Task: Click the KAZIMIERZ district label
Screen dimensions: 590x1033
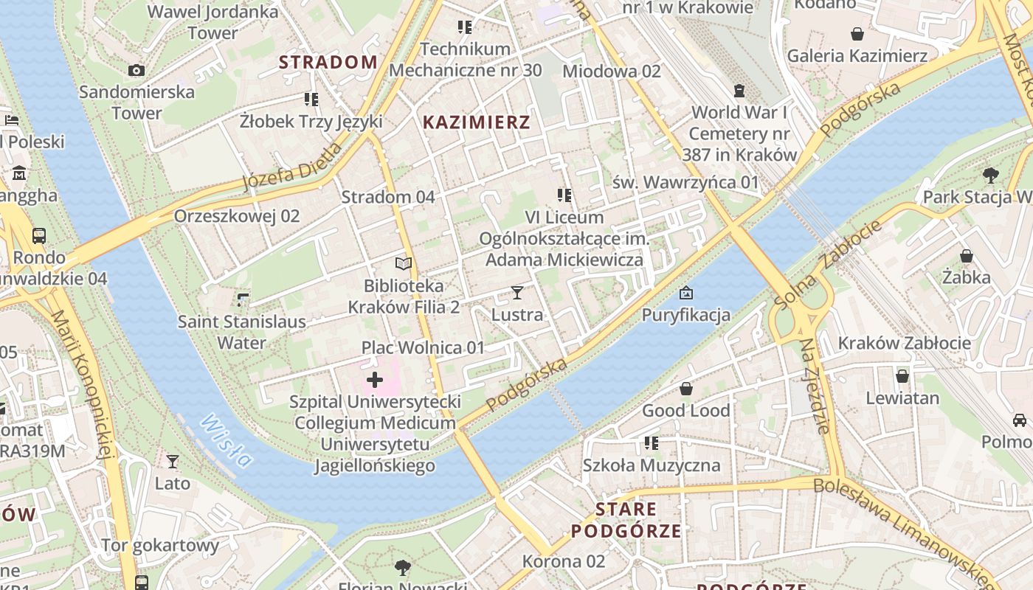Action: point(477,122)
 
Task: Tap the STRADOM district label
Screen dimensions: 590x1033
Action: point(328,62)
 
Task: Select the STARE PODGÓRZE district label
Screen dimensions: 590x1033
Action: point(626,520)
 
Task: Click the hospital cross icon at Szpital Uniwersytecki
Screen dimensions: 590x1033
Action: point(375,380)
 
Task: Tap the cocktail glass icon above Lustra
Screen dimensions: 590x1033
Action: point(517,293)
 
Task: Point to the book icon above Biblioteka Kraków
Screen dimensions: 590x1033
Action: point(404,263)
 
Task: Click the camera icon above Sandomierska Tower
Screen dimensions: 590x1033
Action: point(137,70)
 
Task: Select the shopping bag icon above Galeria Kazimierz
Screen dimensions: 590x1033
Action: point(857,34)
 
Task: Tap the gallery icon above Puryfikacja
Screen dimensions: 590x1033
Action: point(686,293)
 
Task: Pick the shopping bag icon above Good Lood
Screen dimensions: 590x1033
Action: point(686,389)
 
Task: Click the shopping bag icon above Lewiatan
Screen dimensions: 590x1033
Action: point(902,376)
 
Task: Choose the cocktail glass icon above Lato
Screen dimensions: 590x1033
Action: point(173,462)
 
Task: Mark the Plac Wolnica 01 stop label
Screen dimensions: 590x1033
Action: point(423,347)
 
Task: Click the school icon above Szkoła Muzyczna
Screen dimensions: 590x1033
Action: point(651,443)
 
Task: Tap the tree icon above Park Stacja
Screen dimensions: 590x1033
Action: point(990,176)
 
